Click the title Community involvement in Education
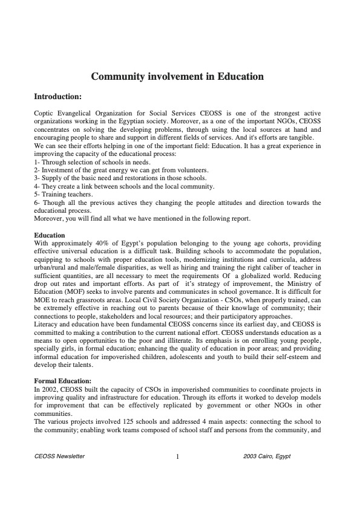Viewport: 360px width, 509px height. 177,77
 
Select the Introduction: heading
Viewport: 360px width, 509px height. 57,96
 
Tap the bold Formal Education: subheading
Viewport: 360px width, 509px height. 62,381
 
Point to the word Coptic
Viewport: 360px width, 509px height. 45,114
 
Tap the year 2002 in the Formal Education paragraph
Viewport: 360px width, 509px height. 48,389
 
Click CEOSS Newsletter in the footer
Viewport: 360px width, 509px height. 60,456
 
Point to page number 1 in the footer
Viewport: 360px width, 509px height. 177,457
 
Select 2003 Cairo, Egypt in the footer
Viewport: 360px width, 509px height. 266,456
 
